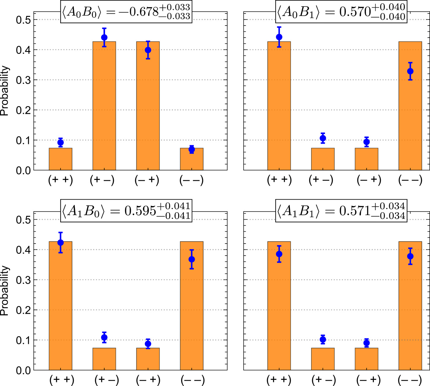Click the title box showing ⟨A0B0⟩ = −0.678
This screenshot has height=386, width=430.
click(x=126, y=12)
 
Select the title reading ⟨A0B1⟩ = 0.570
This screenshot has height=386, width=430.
click(x=341, y=12)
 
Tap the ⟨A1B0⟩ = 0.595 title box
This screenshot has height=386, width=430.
click(x=126, y=211)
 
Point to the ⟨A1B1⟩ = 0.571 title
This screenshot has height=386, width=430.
click(x=341, y=211)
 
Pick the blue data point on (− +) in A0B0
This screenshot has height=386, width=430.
click(x=148, y=50)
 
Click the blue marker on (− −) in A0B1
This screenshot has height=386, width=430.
click(x=410, y=71)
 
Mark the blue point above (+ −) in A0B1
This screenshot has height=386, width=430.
click(x=322, y=138)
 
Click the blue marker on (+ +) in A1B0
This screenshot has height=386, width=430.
click(x=61, y=242)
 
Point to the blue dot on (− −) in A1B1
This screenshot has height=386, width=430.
click(x=410, y=256)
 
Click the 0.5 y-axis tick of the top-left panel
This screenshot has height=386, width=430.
click(x=23, y=20)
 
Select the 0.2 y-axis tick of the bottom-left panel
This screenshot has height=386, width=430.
click(x=23, y=310)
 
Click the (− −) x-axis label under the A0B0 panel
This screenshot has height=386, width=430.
click(x=191, y=180)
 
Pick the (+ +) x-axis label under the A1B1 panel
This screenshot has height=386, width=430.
click(x=279, y=380)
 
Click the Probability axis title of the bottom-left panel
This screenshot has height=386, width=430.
click(x=5, y=291)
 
